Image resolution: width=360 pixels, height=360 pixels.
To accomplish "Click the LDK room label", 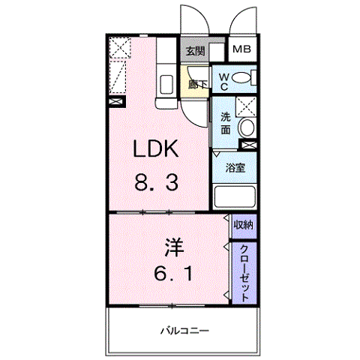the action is point(156,148).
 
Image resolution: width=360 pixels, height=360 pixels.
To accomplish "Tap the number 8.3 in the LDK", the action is point(157,182).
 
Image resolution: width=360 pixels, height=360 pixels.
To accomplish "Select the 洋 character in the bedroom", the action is point(174,247).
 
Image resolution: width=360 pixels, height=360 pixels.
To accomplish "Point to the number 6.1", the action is point(173,274).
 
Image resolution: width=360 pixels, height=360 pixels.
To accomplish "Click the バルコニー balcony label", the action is point(184,331).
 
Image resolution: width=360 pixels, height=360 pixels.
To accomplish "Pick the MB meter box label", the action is point(241,49).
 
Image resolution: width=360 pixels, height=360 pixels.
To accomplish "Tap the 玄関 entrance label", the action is point(196,51).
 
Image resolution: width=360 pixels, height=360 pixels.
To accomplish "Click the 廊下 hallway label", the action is point(197,85).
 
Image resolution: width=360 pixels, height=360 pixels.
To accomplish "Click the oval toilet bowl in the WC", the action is point(241,77).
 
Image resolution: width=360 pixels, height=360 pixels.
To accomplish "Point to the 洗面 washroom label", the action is point(226,124).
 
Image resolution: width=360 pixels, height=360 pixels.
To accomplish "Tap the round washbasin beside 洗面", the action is point(247,127).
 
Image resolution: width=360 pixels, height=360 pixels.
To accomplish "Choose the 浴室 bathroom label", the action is point(235,167).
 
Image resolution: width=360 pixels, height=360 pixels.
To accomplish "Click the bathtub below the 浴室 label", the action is point(235,196).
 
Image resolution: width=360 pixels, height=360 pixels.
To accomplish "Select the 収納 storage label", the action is point(243,225).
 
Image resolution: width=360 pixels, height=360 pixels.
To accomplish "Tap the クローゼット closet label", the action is point(244,274).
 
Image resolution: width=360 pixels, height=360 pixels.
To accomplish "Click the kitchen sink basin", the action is point(166,84).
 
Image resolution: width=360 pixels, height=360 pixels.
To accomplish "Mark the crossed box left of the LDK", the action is point(117,102).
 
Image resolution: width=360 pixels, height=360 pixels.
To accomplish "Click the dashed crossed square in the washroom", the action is point(246,106).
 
